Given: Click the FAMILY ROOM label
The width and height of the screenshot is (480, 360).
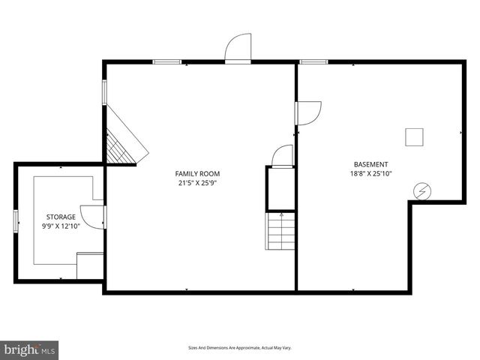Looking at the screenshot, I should coord(197,173).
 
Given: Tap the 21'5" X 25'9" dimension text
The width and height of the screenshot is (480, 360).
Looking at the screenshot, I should coord(197,182).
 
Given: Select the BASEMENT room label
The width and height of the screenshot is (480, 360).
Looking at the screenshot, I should coord(371,164).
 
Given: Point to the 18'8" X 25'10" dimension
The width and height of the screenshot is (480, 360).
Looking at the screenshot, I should coord(371,173).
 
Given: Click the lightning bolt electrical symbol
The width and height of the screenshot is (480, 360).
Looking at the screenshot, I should coord(422,191).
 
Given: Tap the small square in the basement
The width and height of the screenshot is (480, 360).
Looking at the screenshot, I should coord(415,136).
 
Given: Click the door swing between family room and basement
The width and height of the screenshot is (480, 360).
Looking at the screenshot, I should coord(308,112).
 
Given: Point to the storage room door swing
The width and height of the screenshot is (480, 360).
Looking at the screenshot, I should coord(92,216).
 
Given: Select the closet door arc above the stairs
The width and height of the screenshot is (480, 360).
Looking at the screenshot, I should coord(282,156).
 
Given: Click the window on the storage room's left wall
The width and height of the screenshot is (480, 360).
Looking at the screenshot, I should coord(16,223).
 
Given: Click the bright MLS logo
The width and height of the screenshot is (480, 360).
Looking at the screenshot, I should coord(30,349).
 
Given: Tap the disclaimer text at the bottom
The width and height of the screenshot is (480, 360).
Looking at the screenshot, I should coord(239,348).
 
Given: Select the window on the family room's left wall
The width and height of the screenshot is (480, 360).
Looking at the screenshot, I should coord(104,91).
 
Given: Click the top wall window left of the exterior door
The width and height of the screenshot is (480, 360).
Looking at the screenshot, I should coord(166,61).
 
